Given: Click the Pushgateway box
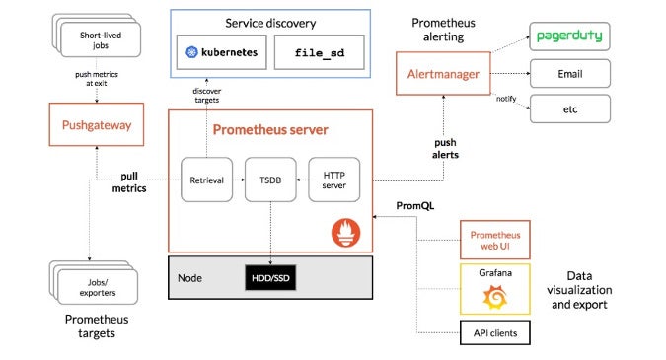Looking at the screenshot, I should [96, 125].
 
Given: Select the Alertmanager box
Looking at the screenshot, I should [439, 74].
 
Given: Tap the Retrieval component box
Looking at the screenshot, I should [205, 179].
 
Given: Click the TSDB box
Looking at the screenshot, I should [269, 179].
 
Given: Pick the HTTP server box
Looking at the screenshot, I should [334, 179].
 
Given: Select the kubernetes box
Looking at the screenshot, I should [219, 51].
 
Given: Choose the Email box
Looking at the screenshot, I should [568, 73].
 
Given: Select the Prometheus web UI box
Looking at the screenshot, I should [495, 239].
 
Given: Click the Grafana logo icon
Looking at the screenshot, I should [495, 296].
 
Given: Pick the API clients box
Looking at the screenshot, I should [495, 334].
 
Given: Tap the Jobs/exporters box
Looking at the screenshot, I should [91, 285].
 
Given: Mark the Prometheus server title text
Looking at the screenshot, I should [270, 129].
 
